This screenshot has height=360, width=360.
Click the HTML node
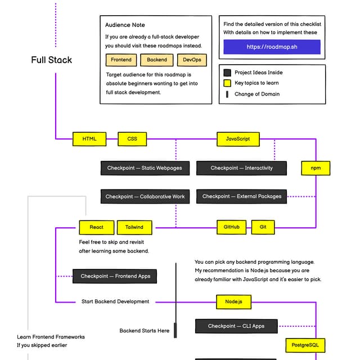click(89, 139)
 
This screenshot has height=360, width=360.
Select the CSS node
click(132, 139)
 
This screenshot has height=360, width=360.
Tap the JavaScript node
click(238, 139)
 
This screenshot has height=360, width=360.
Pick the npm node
click(316, 168)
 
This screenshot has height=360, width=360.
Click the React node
click(96, 227)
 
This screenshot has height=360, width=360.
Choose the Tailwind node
click(134, 227)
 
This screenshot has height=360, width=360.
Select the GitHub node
click(232, 227)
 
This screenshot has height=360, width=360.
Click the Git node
click(263, 227)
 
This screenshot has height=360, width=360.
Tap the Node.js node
click(233, 302)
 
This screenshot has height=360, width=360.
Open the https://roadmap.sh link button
click(272, 47)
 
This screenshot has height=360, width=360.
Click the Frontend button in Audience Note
click(121, 60)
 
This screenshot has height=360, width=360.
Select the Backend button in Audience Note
click(157, 60)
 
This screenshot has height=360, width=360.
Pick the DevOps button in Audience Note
click(192, 60)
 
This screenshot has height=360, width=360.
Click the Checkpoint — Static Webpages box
click(145, 168)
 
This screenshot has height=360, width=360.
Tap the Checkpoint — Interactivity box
click(241, 168)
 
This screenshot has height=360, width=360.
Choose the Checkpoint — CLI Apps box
click(236, 326)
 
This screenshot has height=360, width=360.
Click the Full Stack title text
click(52, 60)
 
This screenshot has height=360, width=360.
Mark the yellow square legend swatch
click(227, 83)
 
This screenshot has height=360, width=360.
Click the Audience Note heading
click(125, 25)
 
